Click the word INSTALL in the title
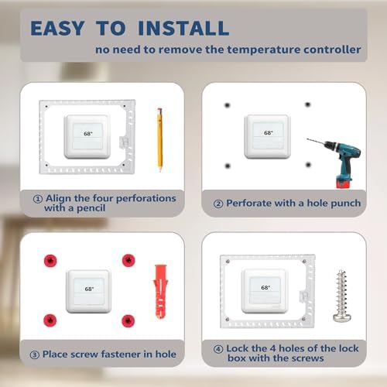coord(183,29)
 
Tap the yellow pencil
coord(159,138)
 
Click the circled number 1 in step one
coord(36,198)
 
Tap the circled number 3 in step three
coord(36,354)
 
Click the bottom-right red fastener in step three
coord(127,319)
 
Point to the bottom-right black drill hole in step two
coord(307,164)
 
